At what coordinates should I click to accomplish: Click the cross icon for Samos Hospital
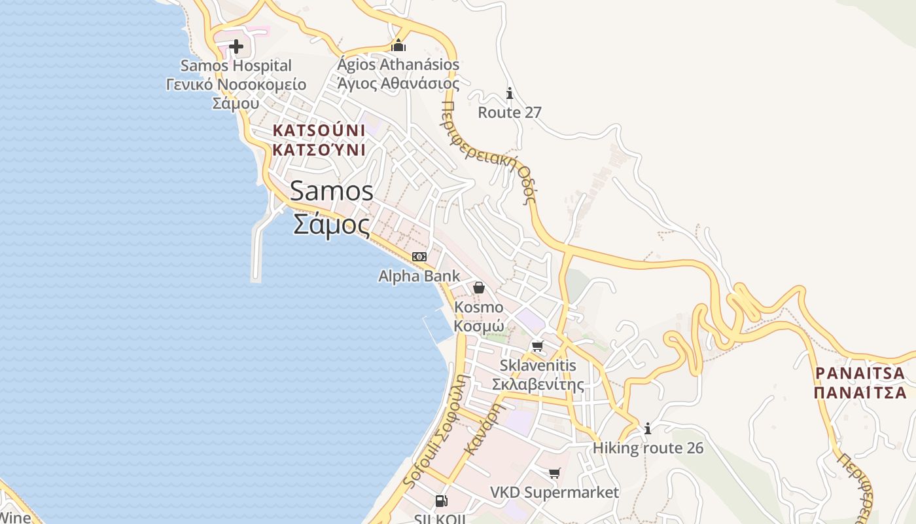coord(236,47)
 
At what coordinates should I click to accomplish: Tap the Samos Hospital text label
coord(236,65)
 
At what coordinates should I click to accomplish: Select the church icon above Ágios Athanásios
coord(398,45)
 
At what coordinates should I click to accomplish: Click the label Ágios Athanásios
coord(398,65)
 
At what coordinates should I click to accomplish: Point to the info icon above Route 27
coord(510,94)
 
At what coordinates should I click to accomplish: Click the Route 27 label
coord(510,113)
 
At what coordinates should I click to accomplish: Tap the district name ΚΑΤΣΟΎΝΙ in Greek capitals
coord(319,150)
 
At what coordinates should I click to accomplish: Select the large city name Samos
coord(332,191)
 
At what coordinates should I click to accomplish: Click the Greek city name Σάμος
coord(332,225)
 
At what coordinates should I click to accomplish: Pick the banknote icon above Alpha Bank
coord(419,257)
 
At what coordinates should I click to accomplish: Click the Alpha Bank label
coord(419,276)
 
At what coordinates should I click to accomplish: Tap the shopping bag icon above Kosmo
coord(479,288)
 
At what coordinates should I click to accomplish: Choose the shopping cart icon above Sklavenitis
coord(538,346)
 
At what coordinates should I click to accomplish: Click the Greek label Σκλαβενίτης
coord(538,384)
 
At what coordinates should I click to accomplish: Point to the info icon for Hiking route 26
coord(648,429)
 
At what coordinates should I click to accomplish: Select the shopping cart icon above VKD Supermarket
coord(555,473)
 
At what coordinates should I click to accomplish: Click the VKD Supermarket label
coord(555,493)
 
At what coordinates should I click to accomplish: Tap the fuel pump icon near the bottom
coord(442,501)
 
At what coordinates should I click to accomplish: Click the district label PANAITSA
coord(860,373)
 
